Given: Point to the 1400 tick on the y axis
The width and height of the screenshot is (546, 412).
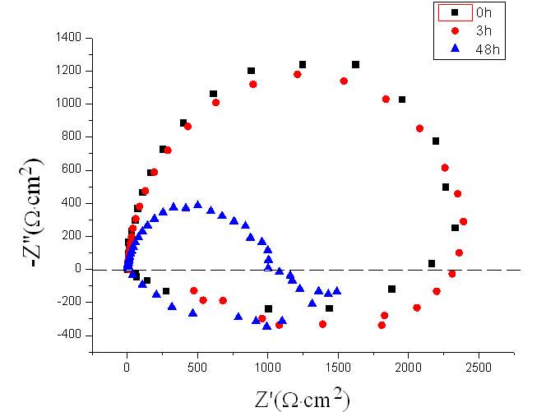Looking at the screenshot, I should point(68,38).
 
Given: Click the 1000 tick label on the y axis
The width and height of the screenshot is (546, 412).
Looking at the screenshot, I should point(68,104).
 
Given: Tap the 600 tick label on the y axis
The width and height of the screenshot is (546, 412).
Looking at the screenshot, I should point(72,169).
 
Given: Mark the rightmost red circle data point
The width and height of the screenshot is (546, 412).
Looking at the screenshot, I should point(463,221).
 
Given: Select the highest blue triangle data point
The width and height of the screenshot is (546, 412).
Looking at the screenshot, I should point(197,205).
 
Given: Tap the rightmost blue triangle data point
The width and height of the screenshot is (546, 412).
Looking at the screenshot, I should point(336,290).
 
